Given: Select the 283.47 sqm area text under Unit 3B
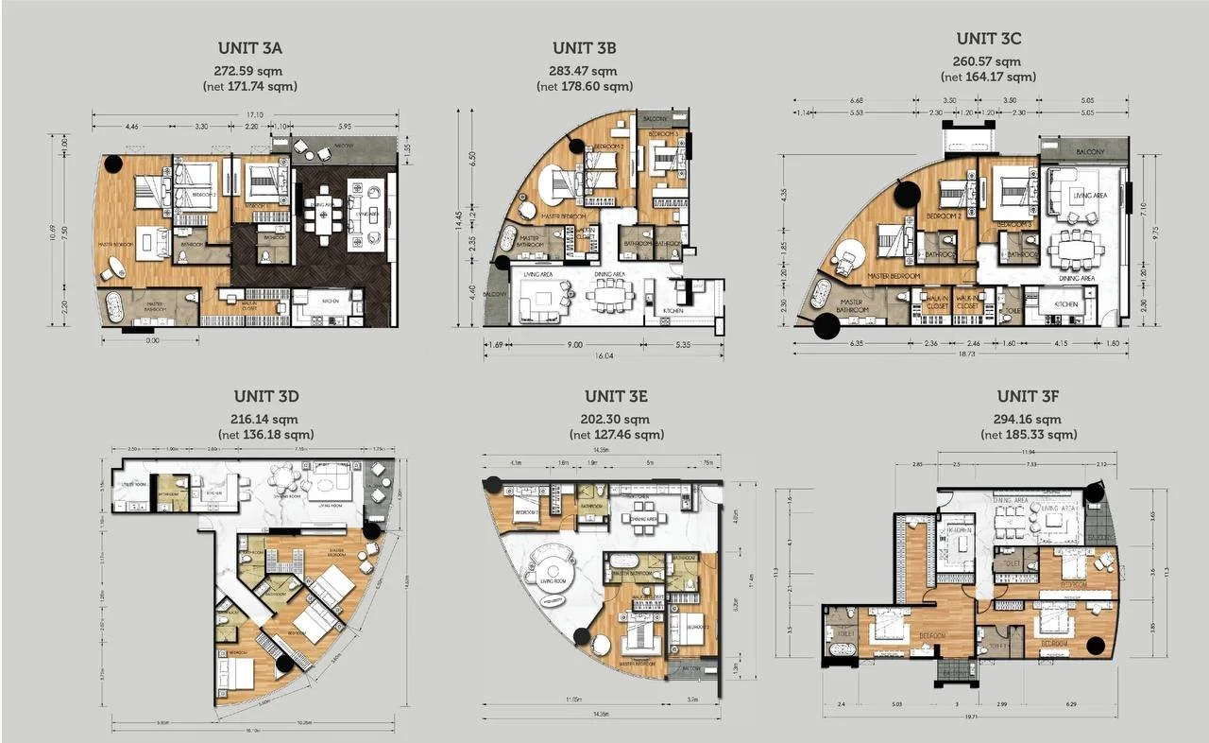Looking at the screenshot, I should (584, 71).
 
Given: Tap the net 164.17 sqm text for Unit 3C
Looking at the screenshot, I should (988, 77).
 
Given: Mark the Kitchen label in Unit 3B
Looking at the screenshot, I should (673, 311).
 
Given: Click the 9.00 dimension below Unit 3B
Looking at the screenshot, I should (575, 345).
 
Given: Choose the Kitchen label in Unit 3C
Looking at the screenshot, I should (1066, 304).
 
